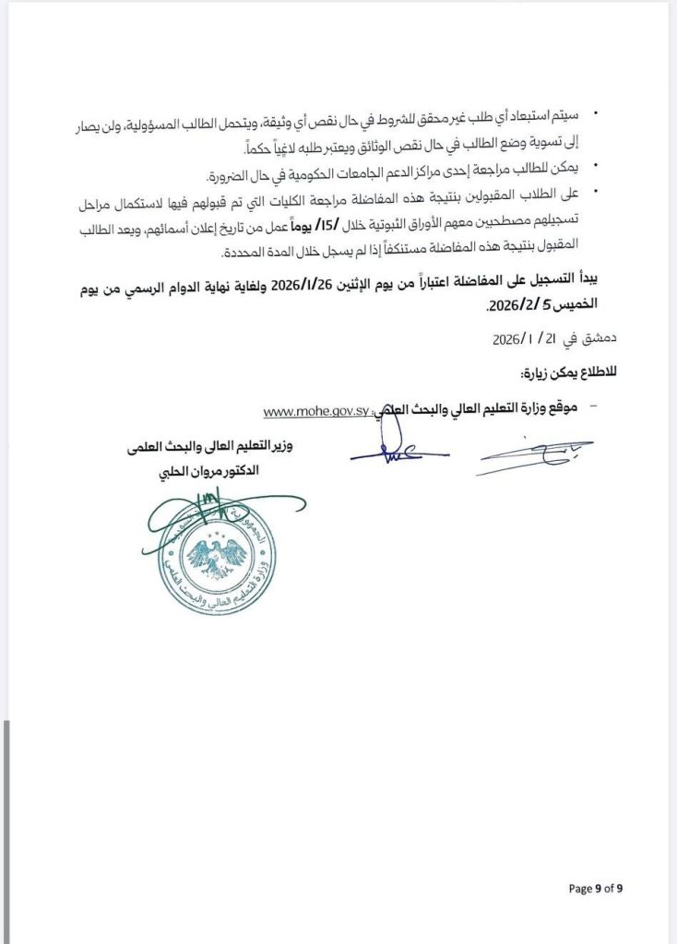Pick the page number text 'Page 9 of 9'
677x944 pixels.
(596, 889)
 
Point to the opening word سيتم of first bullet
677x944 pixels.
(564, 114)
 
